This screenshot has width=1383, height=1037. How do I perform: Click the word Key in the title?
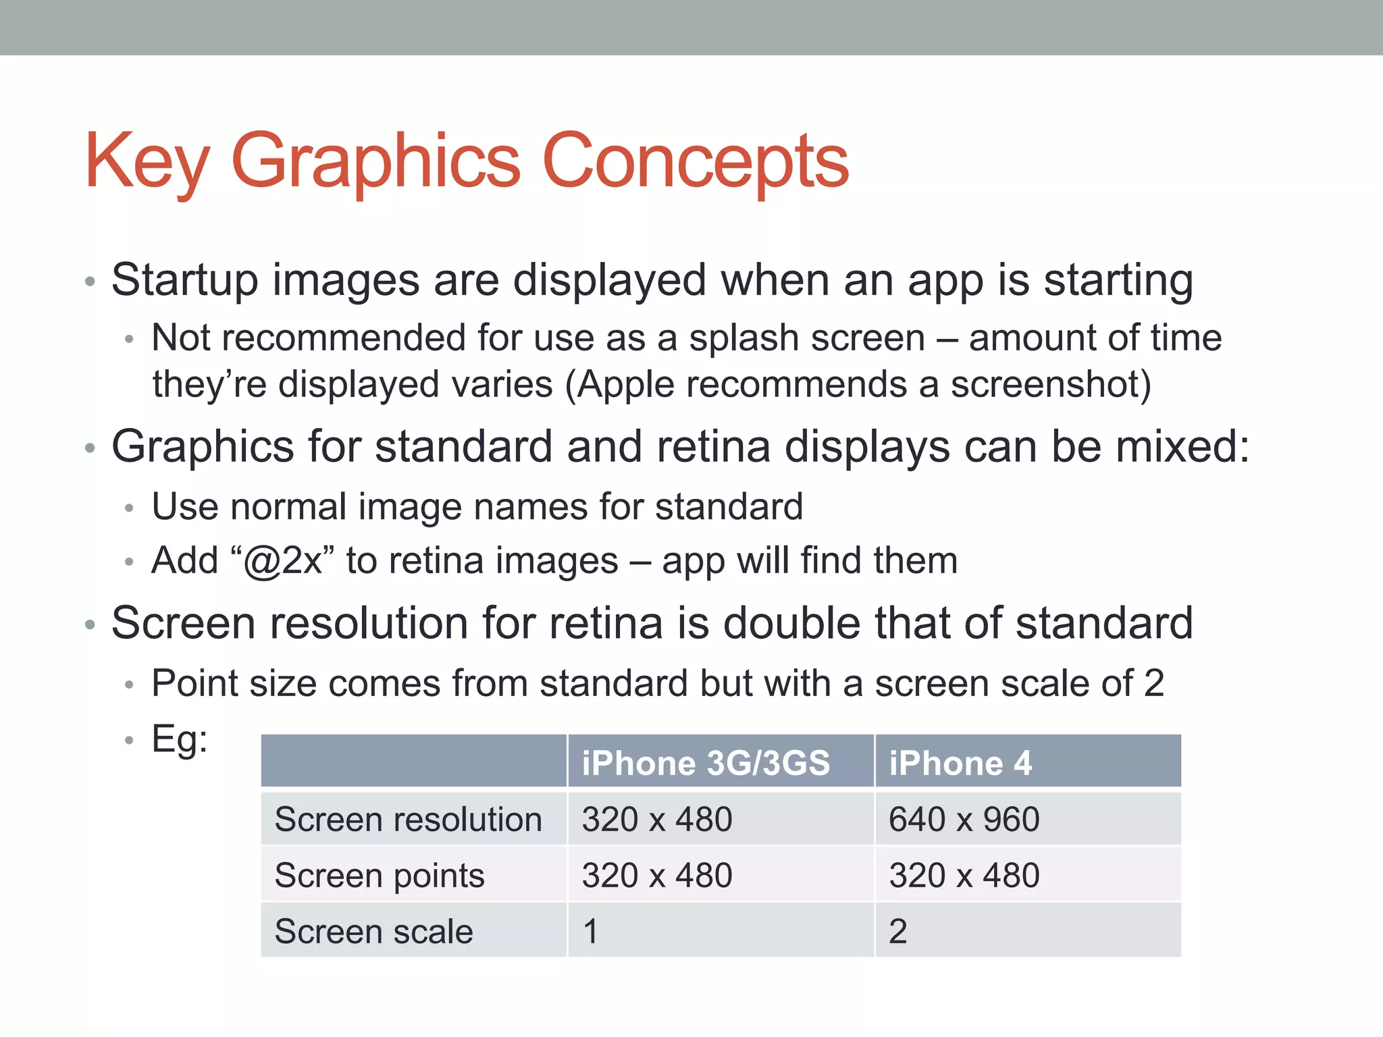[147, 162]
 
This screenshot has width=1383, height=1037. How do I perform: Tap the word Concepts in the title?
[695, 162]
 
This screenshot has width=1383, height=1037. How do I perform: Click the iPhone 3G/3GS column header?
[706, 763]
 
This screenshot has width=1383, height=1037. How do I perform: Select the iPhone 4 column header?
[960, 763]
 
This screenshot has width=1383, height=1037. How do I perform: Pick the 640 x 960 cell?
[964, 819]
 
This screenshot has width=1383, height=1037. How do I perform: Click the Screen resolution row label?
[409, 819]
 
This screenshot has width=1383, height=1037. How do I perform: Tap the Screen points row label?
[380, 876]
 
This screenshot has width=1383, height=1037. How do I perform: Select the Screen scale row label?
[373, 932]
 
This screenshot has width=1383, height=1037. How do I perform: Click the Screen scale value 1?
[590, 932]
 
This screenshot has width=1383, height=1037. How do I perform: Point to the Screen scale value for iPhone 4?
[897, 932]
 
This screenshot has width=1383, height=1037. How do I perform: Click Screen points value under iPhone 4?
[964, 876]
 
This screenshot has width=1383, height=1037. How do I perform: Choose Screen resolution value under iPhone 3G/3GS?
[657, 819]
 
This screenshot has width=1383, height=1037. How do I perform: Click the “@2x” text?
[282, 560]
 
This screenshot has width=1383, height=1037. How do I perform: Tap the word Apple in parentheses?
[625, 384]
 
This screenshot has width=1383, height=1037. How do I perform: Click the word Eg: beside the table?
[180, 739]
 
